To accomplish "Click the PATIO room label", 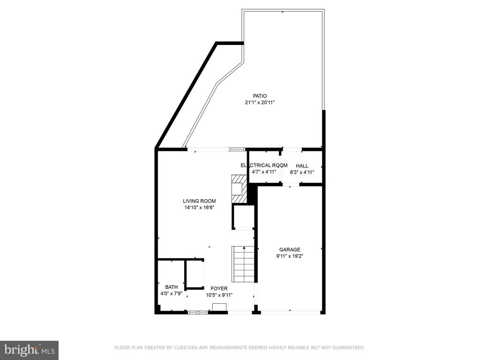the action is [260, 96].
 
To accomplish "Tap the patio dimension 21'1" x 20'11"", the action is [260, 103].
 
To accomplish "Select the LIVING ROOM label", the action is [199, 201].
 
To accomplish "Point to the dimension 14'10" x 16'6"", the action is [199, 208].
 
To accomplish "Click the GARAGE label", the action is [290, 249].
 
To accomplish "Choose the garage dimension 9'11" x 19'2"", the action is [290, 256].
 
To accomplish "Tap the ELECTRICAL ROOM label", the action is [264, 165].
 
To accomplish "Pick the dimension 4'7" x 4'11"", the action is [264, 172].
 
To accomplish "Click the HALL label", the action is [302, 165].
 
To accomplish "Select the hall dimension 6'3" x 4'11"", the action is [302, 172].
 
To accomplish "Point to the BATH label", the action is [172, 287].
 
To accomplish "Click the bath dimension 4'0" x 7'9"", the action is [172, 293].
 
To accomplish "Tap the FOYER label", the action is [219, 288].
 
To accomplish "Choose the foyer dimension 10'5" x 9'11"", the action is [219, 295].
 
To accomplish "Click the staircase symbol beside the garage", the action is [243, 264].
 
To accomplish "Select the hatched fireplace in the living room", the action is [239, 189].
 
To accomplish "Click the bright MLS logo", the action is [30, 349].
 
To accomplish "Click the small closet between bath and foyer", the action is [194, 274].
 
